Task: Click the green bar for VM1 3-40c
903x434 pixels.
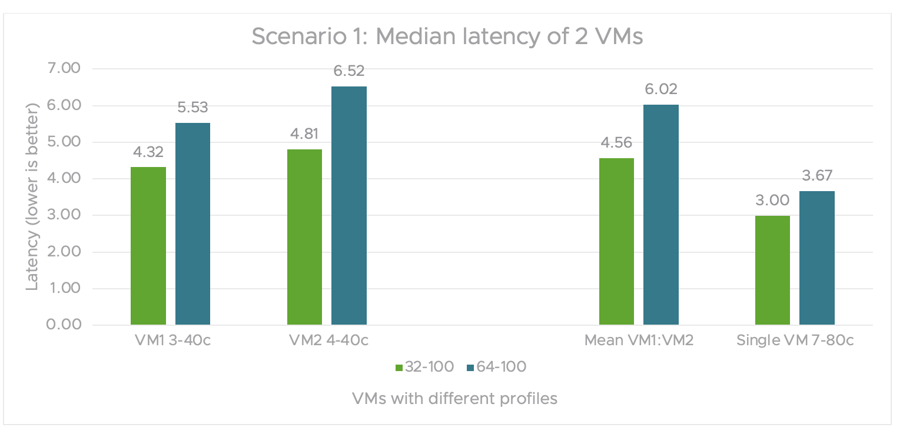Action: pyautogui.click(x=148, y=246)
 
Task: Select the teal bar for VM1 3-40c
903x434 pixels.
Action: pyautogui.click(x=192, y=223)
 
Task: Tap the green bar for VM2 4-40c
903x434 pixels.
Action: pyautogui.click(x=305, y=237)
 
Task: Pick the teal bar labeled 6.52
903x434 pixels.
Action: pyautogui.click(x=349, y=206)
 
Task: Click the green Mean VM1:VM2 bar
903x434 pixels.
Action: pyautogui.click(x=616, y=241)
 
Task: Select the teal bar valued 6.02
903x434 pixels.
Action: pyautogui.click(x=660, y=215)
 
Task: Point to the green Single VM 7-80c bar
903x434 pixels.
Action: pyautogui.click(x=772, y=270)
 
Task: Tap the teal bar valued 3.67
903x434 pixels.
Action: pyautogui.click(x=817, y=258)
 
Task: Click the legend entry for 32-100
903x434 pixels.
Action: pyautogui.click(x=425, y=367)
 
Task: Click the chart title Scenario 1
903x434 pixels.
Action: pyautogui.click(x=447, y=36)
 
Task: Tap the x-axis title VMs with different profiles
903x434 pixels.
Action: pyautogui.click(x=454, y=398)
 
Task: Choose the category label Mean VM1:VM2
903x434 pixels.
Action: pyautogui.click(x=639, y=341)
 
